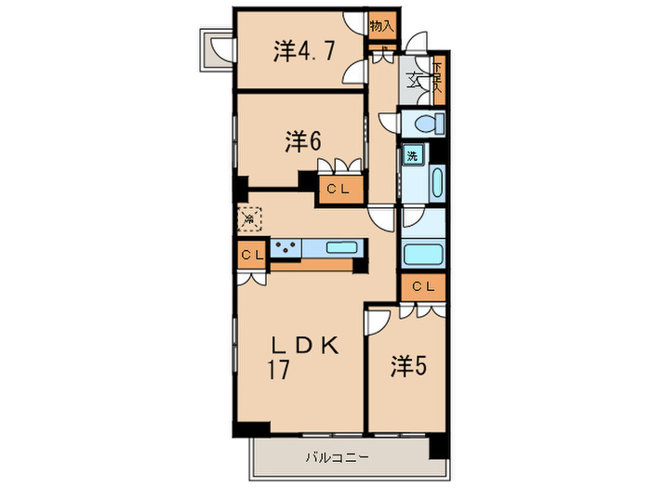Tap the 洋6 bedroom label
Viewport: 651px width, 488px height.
coord(303,141)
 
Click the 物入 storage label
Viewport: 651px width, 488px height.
coord(381,26)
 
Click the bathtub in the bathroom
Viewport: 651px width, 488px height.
coord(424,252)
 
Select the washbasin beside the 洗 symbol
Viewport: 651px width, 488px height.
coord(437,179)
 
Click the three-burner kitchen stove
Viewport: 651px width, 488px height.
coord(285,248)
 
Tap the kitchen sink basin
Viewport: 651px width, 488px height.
coord(340,248)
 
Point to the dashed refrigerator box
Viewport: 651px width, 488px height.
coord(248,219)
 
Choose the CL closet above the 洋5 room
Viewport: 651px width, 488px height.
coord(423,286)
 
